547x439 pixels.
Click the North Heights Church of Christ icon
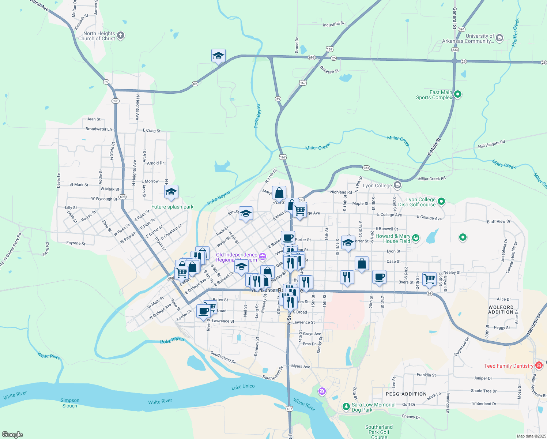(121, 35)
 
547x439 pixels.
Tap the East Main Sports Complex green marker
(457, 95)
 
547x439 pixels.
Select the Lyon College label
(377, 185)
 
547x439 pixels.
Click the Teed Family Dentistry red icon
(539, 365)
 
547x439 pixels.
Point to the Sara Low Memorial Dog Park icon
(346, 406)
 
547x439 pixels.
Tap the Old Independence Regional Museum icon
(262, 257)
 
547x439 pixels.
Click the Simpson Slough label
(70, 403)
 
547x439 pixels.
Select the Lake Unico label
(243, 387)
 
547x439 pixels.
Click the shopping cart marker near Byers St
(429, 279)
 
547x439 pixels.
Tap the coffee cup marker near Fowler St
(204, 311)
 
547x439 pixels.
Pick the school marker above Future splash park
(171, 192)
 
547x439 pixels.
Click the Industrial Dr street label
(333, 25)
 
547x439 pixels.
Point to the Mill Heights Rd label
(491, 144)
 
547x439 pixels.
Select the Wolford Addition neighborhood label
(501, 310)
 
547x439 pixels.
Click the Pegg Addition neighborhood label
(406, 394)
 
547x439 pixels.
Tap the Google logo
(12, 434)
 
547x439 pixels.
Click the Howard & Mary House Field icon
(416, 239)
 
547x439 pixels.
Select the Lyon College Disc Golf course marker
(441, 201)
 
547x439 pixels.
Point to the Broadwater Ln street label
(99, 129)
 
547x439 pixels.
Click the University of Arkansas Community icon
(499, 38)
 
